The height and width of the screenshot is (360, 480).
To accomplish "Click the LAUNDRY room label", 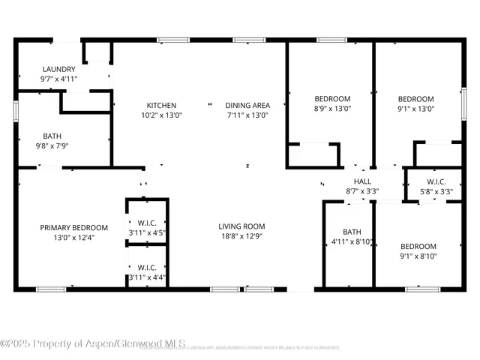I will pos(58,69).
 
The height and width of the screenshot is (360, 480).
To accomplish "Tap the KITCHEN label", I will pos(161,106).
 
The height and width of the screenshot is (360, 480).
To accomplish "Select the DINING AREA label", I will pos(247,106).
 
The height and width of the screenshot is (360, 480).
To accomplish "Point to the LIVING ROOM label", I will pos(241,226).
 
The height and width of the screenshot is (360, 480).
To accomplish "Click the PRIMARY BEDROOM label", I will pos(73,228).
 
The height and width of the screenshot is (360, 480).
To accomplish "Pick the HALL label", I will pos(362,181).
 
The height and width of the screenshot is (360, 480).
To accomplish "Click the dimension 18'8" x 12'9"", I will pos(241,237).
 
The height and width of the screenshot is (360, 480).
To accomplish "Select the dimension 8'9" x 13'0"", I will pos(331,109).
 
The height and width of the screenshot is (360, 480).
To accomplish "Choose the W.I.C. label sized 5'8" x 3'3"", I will pos(436,181).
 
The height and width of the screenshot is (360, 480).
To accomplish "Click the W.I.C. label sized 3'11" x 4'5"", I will pos(147,223).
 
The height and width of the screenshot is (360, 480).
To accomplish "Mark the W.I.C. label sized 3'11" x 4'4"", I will pos(147,268).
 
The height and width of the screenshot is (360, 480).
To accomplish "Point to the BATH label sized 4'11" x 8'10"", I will pos(352,232).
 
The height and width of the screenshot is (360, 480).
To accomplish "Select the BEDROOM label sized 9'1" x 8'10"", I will pos(418,247).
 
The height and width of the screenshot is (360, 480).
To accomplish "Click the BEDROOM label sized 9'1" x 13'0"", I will pos(415,99).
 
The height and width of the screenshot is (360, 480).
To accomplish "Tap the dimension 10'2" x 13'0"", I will pos(161,115).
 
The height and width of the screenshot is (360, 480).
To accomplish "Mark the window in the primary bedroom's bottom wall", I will pos(51,289).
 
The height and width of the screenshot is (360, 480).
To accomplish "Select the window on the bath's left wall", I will pos(15,109).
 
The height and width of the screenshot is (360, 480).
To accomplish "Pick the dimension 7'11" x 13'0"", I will pos(247,115).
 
